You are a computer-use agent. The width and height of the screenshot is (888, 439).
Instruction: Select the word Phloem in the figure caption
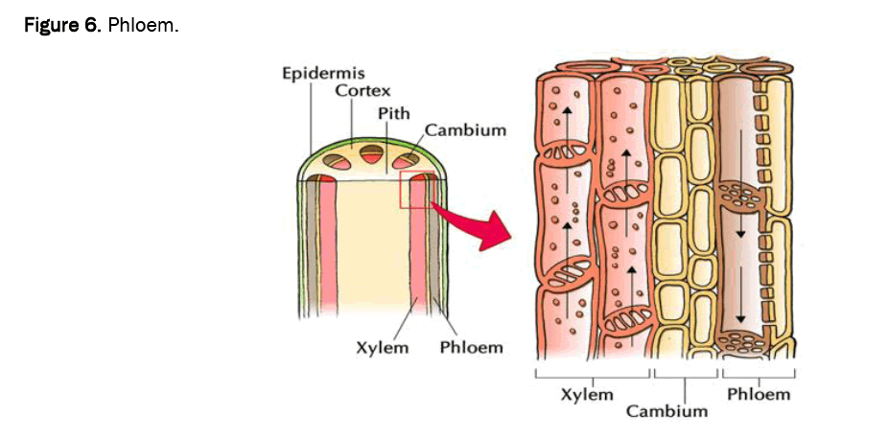pos(143,25)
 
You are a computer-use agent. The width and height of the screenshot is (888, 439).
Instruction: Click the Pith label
pos(393,112)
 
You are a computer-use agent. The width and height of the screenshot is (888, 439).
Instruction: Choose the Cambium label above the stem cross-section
pos(465,129)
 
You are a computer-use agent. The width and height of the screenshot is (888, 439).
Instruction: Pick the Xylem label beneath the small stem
pos(384,347)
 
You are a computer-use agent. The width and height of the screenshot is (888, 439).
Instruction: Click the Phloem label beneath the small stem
pos(471,347)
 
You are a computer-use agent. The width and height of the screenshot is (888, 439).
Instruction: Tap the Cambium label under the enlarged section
pos(667,411)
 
